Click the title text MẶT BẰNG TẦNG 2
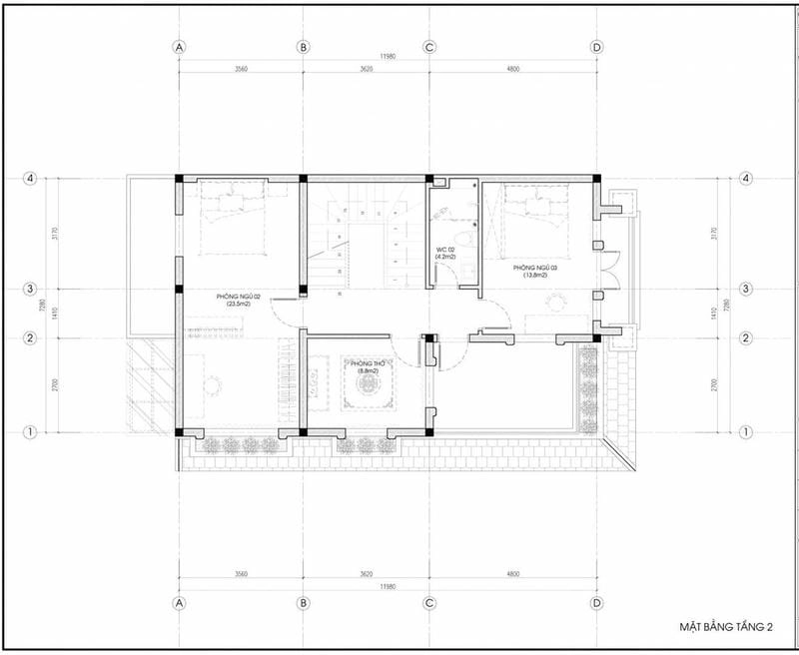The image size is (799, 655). point(728,626)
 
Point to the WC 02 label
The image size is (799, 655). point(446,253)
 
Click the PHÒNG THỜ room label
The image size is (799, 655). point(356,366)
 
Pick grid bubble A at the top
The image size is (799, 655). point(180,47)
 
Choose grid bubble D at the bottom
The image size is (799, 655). point(596,604)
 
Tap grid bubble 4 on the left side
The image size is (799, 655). point(32,179)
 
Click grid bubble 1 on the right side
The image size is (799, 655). point(745,432)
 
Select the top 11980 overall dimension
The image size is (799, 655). point(388,57)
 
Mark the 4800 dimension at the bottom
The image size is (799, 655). point(512,575)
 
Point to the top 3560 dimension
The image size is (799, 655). point(241,71)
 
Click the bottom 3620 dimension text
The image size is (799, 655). point(366,575)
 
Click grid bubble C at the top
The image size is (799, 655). point(429,47)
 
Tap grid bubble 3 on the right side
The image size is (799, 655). point(745,289)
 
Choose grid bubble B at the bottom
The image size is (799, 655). point(303,604)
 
